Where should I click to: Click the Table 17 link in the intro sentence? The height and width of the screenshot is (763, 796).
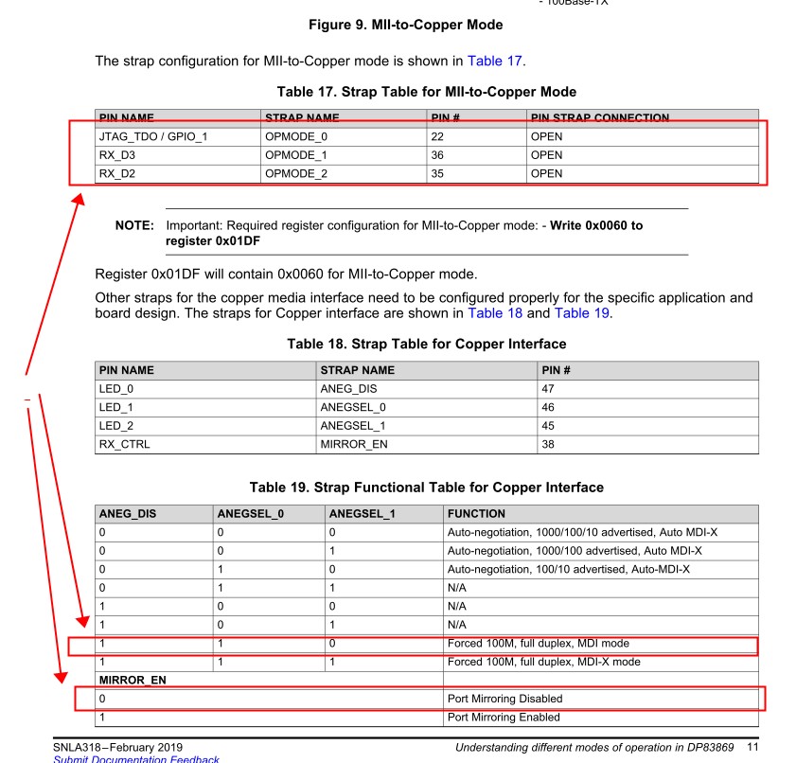click(x=494, y=62)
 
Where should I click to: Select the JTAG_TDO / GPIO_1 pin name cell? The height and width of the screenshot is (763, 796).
click(x=153, y=136)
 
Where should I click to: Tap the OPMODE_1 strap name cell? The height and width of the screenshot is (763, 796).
click(x=296, y=155)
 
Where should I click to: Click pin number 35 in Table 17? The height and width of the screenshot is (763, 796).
click(x=438, y=173)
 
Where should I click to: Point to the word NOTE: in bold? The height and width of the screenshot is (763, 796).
click(x=134, y=226)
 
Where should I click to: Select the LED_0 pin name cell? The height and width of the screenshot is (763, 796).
click(x=115, y=389)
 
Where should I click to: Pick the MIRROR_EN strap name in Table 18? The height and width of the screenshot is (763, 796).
click(x=354, y=444)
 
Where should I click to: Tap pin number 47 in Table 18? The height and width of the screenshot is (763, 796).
click(x=548, y=389)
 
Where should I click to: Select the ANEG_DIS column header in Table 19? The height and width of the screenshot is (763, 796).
click(x=128, y=514)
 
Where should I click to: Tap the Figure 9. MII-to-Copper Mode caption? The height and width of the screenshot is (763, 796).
click(x=405, y=25)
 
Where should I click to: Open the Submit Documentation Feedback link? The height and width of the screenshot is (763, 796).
click(x=135, y=759)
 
